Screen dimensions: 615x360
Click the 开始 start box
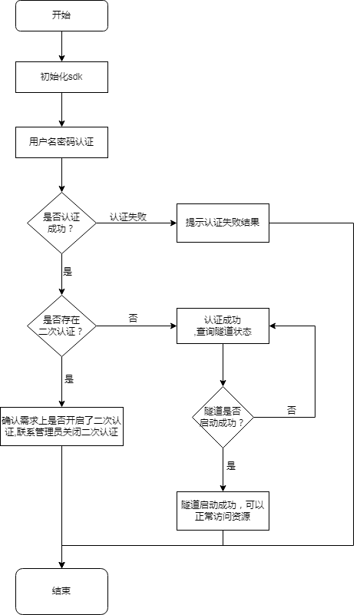[x=61, y=15]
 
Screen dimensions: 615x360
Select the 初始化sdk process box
[x=61, y=78]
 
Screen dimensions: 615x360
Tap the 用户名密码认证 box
[x=61, y=141]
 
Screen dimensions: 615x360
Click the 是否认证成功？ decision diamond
[x=61, y=223]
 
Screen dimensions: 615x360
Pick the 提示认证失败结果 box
[x=223, y=223]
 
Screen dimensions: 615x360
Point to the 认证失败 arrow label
[x=128, y=217]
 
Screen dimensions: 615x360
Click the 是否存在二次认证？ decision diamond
[x=61, y=326]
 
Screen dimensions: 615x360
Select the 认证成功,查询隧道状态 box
[x=223, y=326]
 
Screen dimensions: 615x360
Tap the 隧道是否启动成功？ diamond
[x=223, y=417]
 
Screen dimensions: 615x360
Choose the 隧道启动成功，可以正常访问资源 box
[x=223, y=511]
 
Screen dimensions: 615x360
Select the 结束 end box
[x=61, y=591]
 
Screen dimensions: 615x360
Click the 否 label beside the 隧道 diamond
[x=292, y=410]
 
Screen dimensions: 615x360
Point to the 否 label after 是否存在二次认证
[x=133, y=318]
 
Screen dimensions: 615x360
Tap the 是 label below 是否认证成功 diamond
[x=68, y=272]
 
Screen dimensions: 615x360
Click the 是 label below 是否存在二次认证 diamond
[x=69, y=379]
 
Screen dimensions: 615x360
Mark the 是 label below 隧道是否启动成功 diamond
[x=230, y=465]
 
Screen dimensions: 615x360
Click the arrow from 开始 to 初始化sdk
[x=61, y=46]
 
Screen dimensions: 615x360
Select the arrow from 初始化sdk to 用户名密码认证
[x=61, y=109]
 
